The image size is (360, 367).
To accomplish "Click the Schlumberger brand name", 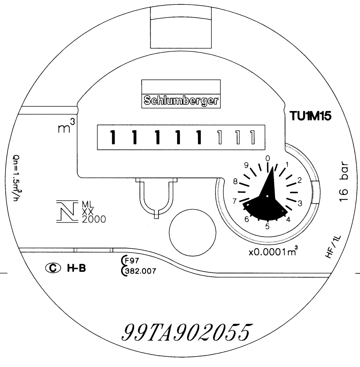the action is [x=181, y=101].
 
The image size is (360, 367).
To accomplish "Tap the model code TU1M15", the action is [x=310, y=116].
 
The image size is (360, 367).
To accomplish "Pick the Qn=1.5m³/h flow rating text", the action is [x=16, y=178].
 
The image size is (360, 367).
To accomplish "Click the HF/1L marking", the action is [x=333, y=247].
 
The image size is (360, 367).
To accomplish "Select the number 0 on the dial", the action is [x=268, y=158].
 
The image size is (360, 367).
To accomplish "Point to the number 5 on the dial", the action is [x=268, y=226].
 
